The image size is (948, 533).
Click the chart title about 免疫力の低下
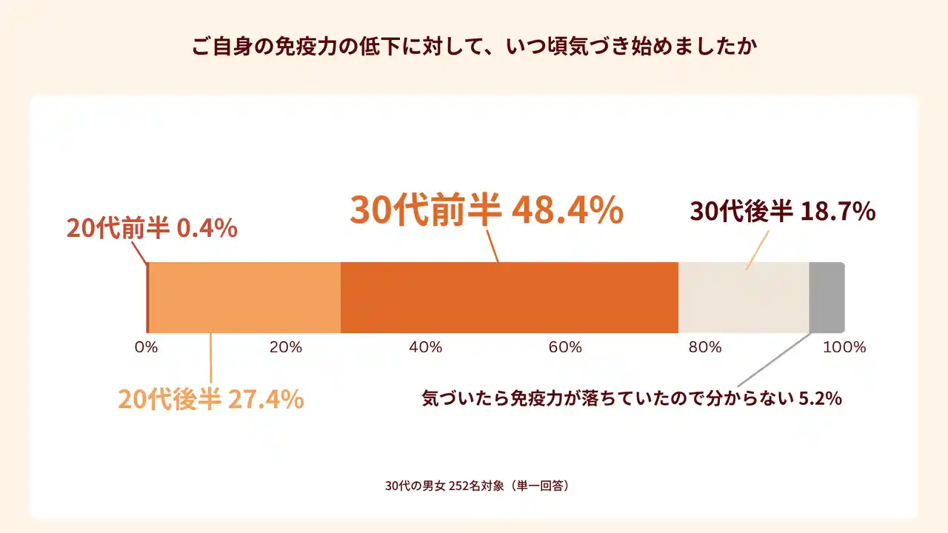473,47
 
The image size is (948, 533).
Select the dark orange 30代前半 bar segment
510,298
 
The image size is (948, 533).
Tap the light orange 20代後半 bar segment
245,298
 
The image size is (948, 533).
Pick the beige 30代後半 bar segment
744,298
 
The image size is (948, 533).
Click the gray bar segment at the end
827,298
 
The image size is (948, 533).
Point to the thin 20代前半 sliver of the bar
147,298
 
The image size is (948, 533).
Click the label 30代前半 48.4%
487,210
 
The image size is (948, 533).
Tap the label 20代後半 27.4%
211,399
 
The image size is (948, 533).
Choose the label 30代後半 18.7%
783,212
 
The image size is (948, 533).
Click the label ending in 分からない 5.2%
632,398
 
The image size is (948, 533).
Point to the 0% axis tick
147,347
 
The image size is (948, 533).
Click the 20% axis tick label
286,347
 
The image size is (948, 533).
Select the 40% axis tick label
425,347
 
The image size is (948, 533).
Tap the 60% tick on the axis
565,347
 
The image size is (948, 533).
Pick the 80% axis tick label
704,347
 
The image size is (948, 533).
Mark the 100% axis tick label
844,347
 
